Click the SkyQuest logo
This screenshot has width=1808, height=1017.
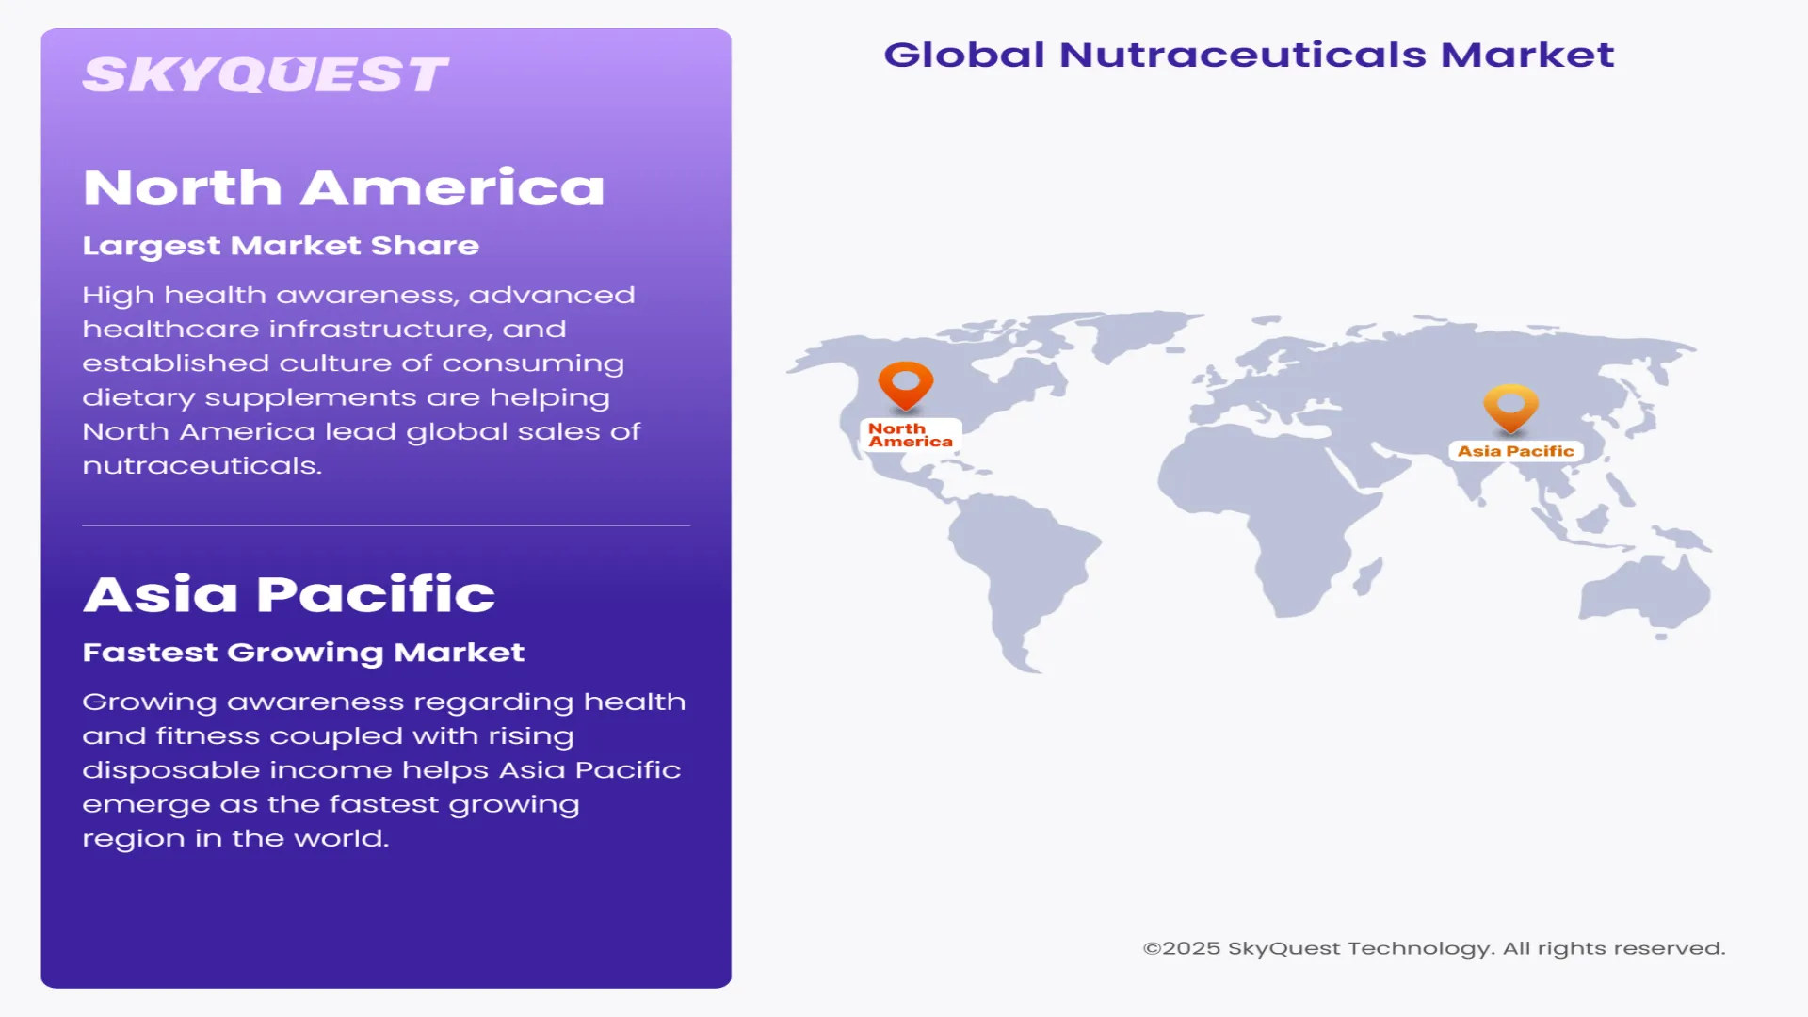tap(265, 75)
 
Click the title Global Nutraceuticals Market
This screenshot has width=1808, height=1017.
tap(1249, 55)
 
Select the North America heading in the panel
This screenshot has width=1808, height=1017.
tap(344, 187)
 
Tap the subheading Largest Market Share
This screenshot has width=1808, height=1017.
tap(281, 246)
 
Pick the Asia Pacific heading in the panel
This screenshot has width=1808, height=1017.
tap(289, 594)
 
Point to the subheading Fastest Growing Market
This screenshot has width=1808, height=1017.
tap(303, 653)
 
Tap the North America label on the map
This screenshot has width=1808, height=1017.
tap(910, 435)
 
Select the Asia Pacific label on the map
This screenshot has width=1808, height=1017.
tap(1515, 451)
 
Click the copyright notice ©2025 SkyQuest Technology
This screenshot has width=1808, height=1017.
tap(1433, 948)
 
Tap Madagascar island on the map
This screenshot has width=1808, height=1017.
tap(1368, 575)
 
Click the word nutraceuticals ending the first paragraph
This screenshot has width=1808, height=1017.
tap(202, 466)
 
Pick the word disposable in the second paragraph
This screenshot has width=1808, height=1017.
tap(170, 770)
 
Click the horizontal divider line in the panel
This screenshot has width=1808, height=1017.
tap(386, 525)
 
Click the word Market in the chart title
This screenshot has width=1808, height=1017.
tap(1526, 55)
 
